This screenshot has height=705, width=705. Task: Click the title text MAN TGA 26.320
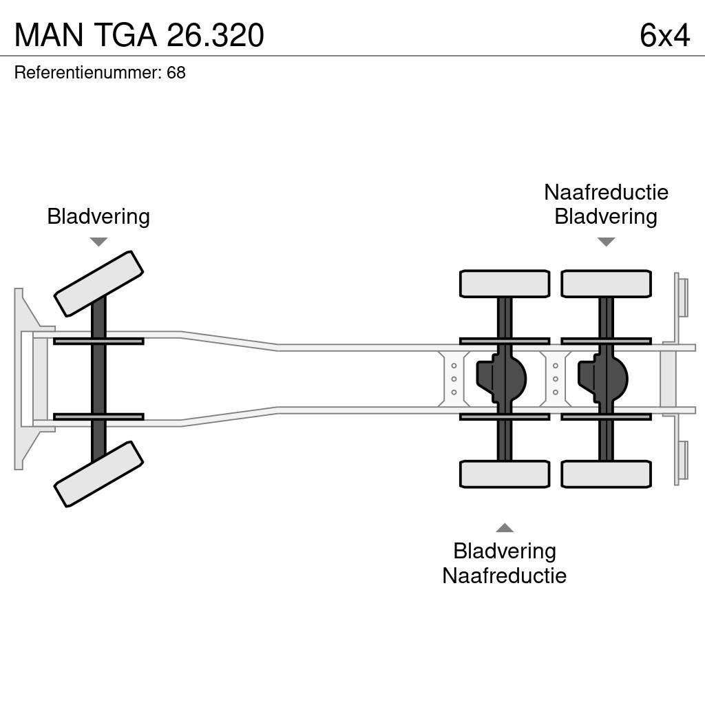(139, 35)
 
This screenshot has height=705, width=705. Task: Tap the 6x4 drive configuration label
(664, 35)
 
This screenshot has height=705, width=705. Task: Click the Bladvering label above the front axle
(98, 216)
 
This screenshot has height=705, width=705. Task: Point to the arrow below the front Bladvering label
(98, 242)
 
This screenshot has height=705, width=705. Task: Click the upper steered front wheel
(98, 283)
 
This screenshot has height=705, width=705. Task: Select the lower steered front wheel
(98, 474)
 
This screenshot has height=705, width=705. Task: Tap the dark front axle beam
(98, 379)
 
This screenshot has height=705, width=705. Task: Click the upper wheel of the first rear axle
(505, 284)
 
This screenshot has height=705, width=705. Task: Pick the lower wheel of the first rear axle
(505, 474)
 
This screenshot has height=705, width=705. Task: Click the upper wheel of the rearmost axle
(606, 284)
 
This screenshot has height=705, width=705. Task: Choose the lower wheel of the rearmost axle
(606, 474)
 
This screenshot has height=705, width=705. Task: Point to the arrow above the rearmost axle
(606, 242)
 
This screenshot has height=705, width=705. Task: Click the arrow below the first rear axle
(505, 528)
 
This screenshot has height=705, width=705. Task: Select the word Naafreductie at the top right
(606, 192)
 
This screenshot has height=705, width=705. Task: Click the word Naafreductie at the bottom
(504, 576)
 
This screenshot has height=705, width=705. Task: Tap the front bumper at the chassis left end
(28, 379)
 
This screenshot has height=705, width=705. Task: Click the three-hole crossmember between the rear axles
(555, 379)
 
